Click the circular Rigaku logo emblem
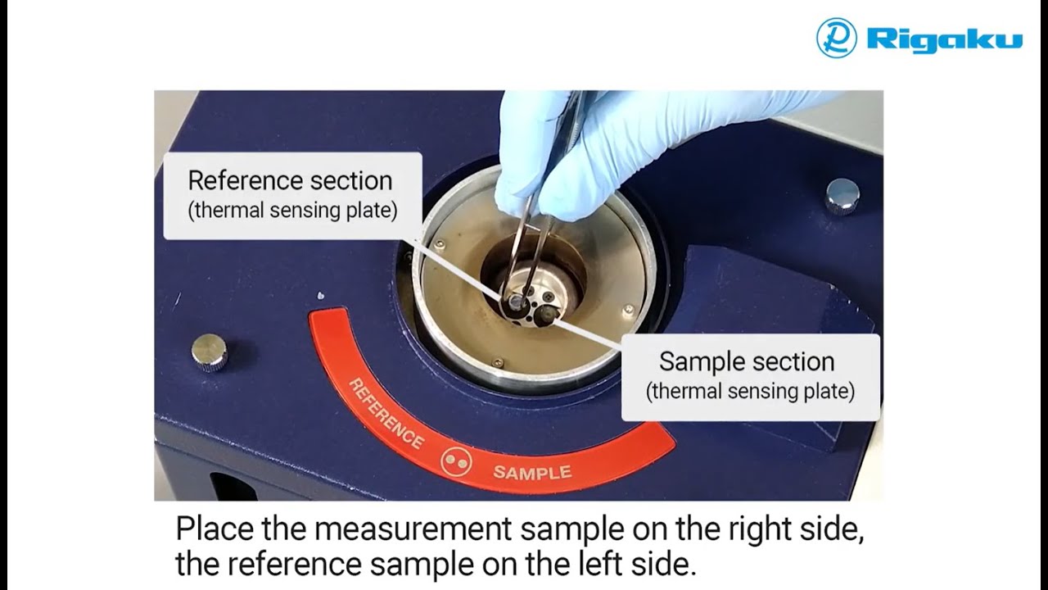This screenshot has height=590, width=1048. [837, 38]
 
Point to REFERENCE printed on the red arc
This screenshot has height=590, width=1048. [386, 413]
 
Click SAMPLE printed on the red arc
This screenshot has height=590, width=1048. [532, 473]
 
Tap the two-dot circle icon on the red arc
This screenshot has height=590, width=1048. [456, 462]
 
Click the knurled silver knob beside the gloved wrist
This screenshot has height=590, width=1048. [842, 196]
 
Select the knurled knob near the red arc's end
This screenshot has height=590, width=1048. [210, 353]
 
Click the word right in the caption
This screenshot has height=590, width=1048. [759, 529]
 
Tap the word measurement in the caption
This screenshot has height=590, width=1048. [413, 529]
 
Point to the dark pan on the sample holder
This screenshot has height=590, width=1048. [545, 315]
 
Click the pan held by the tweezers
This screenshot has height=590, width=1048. [515, 302]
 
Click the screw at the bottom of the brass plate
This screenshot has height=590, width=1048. [499, 363]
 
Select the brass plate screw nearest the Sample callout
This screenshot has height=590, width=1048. [629, 310]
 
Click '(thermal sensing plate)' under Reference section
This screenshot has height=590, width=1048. [292, 211]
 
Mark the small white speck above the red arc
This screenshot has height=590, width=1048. [320, 296]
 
